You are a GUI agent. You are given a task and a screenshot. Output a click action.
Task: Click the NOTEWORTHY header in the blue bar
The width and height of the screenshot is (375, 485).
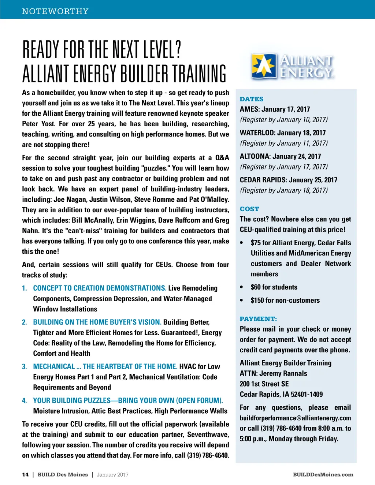(x=55, y=11)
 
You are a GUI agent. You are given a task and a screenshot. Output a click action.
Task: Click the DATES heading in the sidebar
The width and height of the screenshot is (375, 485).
(x=252, y=99)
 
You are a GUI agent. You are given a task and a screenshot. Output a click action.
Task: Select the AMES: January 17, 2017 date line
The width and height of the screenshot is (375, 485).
(x=275, y=109)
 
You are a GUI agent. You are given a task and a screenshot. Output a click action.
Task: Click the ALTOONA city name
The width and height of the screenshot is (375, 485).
(x=255, y=156)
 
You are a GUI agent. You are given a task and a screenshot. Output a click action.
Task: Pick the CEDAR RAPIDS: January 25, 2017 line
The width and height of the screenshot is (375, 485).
(x=288, y=180)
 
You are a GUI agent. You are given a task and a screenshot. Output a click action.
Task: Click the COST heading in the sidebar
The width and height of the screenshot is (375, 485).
(x=249, y=209)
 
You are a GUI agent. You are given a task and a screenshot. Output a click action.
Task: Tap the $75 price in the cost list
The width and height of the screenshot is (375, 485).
(x=256, y=243)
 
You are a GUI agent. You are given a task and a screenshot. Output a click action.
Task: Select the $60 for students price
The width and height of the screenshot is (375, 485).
(x=274, y=287)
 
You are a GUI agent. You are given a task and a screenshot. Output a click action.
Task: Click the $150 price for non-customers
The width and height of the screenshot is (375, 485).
(x=257, y=300)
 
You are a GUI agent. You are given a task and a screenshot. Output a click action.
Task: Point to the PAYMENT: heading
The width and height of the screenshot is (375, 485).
(x=258, y=319)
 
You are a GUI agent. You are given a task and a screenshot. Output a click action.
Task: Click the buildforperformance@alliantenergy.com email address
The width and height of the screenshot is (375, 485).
(x=295, y=418)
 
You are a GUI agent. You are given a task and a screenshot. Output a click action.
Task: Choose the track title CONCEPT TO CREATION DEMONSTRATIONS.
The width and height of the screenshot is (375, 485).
(x=100, y=288)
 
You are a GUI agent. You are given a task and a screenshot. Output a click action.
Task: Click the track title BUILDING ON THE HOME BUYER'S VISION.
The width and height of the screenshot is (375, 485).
(x=97, y=322)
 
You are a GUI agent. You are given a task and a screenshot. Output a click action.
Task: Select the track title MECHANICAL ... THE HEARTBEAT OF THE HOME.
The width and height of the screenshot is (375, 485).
(x=105, y=366)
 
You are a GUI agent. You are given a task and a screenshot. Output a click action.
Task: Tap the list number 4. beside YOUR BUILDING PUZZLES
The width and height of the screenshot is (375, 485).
(x=25, y=400)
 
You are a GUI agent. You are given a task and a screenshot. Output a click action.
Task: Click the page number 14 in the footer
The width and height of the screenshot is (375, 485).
(x=25, y=475)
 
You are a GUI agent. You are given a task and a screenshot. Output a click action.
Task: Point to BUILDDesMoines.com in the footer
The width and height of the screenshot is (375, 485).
(x=323, y=475)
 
